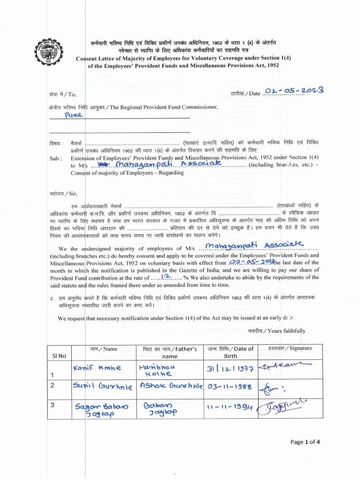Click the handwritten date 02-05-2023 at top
pyautogui.click(x=294, y=91)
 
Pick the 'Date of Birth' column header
pyautogui.click(x=231, y=352)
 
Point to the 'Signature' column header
pyautogui.click(x=290, y=349)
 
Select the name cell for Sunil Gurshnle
pyautogui.click(x=103, y=387)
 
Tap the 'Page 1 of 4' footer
pyautogui.click(x=305, y=442)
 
